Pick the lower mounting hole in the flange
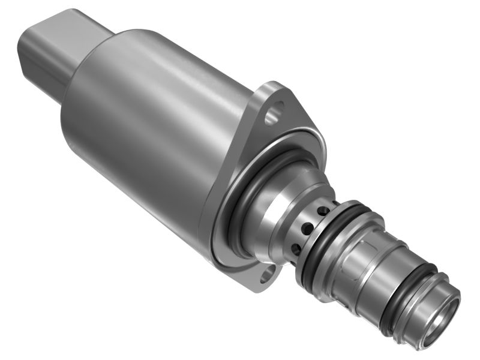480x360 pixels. pyautogui.click(x=266, y=277)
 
